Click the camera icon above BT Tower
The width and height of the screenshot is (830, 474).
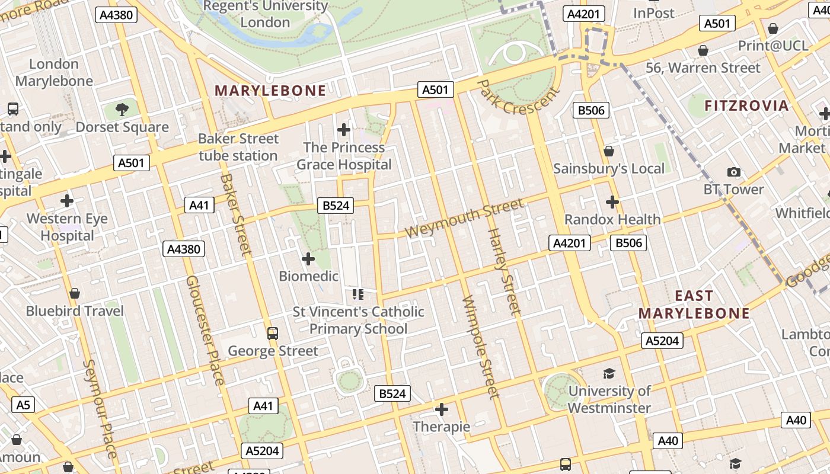pos(734,172)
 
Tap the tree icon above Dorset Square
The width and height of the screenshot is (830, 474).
pos(122,109)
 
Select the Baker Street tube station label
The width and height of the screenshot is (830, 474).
pos(238,147)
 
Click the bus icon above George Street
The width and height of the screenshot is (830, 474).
pos(273,333)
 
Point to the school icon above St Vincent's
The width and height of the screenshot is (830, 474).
pos(357,294)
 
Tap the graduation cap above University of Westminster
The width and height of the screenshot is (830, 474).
pos(609,373)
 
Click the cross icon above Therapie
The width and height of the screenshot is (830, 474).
pos(442,409)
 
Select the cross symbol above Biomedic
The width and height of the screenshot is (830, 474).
pos(308,259)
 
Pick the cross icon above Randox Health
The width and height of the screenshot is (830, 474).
pos(612,202)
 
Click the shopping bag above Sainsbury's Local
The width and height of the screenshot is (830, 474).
pos(608,151)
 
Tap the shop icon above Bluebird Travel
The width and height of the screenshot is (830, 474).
pos(75,293)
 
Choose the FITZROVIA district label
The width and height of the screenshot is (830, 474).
pos(746,106)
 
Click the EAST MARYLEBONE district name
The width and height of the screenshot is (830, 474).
pos(694,305)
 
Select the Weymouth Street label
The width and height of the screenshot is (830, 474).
pos(465,217)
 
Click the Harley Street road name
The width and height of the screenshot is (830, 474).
pos(505,271)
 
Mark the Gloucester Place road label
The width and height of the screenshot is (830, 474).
pos(205,329)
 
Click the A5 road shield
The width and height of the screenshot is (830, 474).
pos(23,405)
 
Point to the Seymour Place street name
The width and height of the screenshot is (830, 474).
pos(99,409)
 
